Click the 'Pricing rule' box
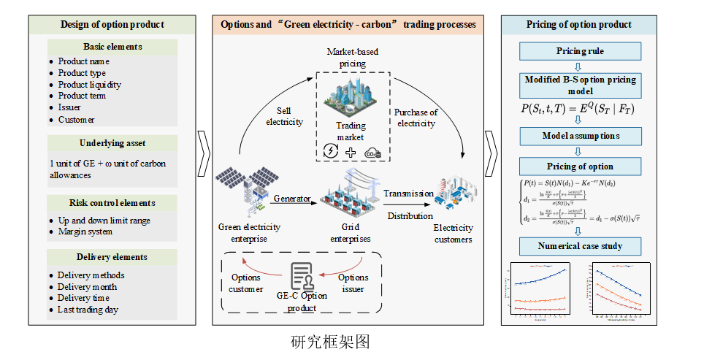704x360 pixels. click(581, 52)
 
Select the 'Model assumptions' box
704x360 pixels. click(581, 136)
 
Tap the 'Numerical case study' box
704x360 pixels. click(581, 245)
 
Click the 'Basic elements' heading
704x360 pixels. click(112, 47)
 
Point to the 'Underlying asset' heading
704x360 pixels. click(112, 143)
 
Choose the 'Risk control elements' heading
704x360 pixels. click(112, 202)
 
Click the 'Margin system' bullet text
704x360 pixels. click(85, 231)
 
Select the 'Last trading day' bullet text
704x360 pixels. click(88, 309)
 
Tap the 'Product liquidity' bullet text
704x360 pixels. click(90, 84)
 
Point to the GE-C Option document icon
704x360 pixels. click(302, 277)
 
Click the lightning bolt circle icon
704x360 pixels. click(330, 152)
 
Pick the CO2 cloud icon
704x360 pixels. click(373, 152)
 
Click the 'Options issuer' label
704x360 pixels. click(353, 283)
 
